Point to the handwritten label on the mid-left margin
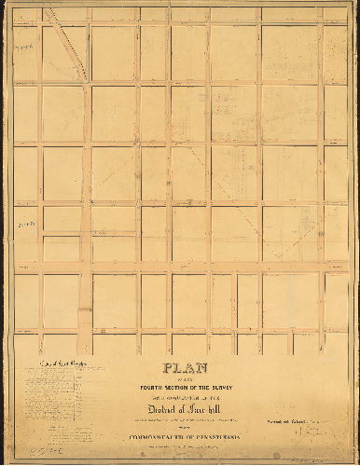click(25, 225)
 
